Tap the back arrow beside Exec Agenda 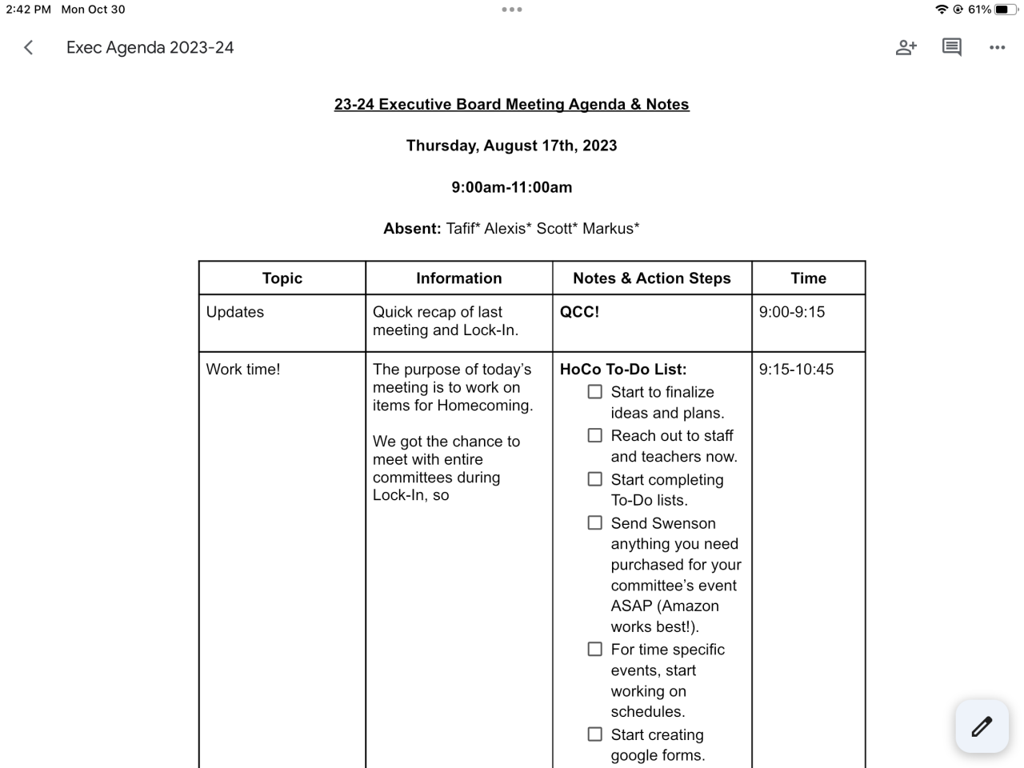coord(29,47)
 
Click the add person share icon coord(906,47)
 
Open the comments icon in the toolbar coord(951,47)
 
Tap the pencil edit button coord(982,726)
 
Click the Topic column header coord(282,278)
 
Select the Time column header coord(808,278)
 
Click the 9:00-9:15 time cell coord(792,312)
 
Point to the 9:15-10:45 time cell coord(796,370)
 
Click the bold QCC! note coord(579,312)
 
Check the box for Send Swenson coord(595,523)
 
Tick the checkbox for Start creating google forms coord(595,734)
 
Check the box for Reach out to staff coord(595,436)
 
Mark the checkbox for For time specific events coord(595,650)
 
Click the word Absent coord(411,229)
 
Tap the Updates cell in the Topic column coord(235,312)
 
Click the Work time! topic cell coord(243,370)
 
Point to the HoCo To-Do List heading coord(623,370)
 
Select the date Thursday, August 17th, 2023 coord(511,146)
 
